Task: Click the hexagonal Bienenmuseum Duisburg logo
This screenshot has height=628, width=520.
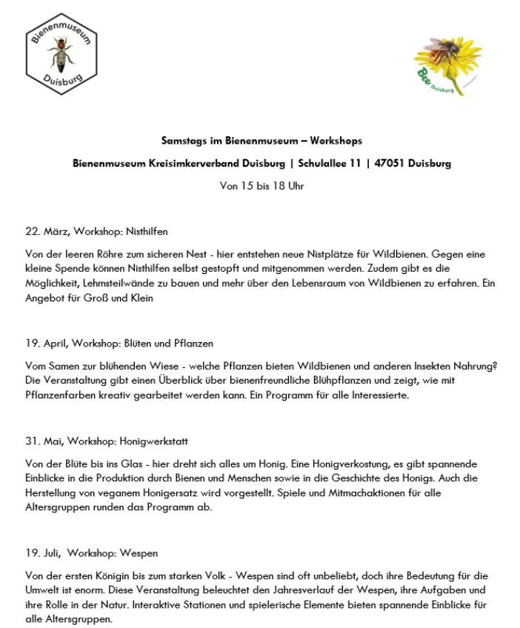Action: click(61, 53)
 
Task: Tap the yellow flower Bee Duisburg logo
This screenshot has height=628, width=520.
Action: click(448, 64)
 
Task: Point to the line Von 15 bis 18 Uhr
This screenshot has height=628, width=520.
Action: click(261, 186)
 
